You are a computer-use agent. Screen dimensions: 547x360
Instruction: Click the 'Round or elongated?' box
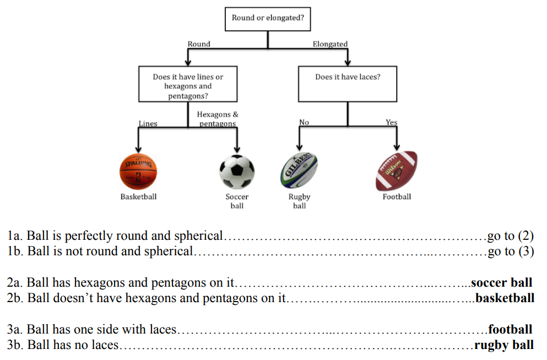(x=268, y=19)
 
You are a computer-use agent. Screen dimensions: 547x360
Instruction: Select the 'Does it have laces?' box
(x=348, y=84)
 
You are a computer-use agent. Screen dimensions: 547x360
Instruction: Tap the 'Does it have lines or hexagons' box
(x=188, y=84)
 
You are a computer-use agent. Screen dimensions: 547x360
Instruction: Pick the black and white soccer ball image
(x=237, y=172)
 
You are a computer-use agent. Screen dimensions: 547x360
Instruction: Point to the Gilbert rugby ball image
(x=299, y=170)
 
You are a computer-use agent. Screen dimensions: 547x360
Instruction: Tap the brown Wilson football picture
(x=396, y=171)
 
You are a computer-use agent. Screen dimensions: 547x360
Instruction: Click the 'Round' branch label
(x=199, y=44)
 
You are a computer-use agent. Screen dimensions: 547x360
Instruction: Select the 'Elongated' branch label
(x=330, y=44)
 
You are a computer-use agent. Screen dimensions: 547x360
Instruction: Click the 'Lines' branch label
(x=148, y=123)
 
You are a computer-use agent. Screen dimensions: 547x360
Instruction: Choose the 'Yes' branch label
(x=392, y=122)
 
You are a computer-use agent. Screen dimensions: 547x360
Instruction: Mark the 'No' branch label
(x=304, y=122)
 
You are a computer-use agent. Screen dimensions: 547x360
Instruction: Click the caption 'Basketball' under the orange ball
(x=138, y=197)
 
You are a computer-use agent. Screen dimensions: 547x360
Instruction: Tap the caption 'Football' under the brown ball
(x=397, y=197)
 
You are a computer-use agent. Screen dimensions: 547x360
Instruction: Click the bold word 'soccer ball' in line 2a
(x=502, y=282)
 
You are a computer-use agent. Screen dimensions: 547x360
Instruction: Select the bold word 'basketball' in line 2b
(x=505, y=298)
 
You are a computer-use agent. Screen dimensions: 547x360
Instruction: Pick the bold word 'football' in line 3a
(x=510, y=329)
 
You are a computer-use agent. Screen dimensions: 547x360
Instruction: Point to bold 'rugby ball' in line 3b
(x=504, y=345)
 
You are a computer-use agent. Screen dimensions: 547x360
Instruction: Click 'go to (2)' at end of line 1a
(x=511, y=236)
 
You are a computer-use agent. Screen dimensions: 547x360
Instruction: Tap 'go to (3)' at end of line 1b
(x=511, y=251)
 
